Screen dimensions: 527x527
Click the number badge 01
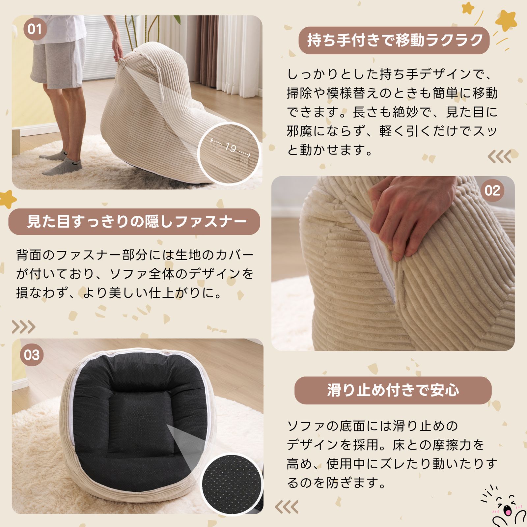coord(35,29)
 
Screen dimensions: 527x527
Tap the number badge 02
coord(492,191)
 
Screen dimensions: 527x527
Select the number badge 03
coord(32,355)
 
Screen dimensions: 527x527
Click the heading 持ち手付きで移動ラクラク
coord(394,40)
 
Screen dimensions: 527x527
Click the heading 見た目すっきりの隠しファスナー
coord(134,221)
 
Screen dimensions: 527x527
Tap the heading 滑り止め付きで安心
coord(393,390)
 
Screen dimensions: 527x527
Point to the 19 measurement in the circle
coord(231,148)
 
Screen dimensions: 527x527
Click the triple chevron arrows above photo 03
coord(23,327)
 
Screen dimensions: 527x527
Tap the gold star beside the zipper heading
coord(7,199)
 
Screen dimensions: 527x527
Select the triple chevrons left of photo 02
coord(499,156)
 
